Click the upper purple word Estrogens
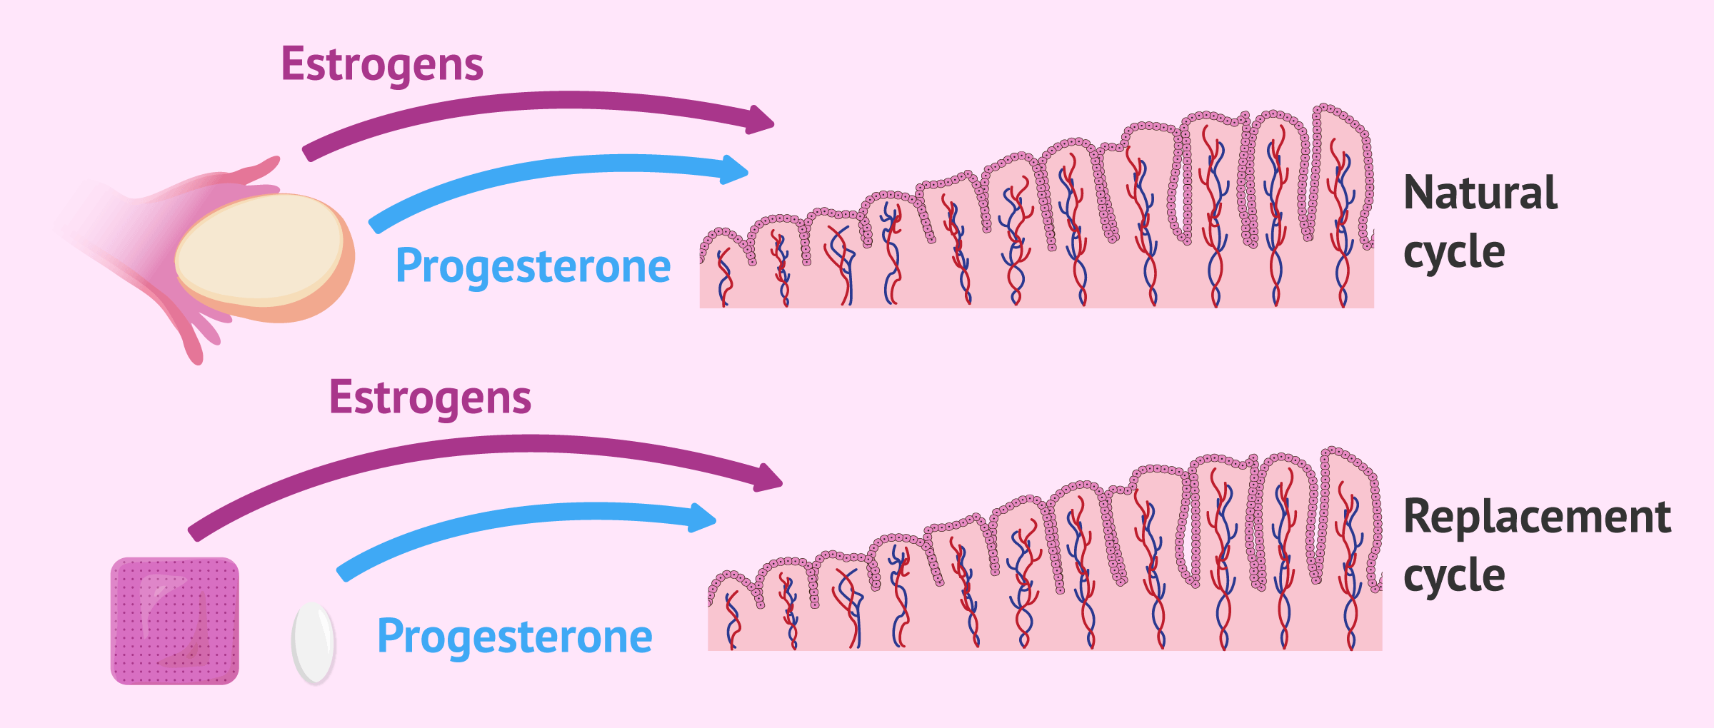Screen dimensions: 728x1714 tap(382, 64)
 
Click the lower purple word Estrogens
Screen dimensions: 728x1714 tap(430, 398)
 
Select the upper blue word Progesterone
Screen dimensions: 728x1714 tap(533, 266)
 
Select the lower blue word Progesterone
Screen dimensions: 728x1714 tap(514, 636)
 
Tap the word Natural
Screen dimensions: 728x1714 tap(1480, 193)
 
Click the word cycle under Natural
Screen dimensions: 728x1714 tap(1453, 252)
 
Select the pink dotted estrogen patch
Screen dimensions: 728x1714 tap(175, 621)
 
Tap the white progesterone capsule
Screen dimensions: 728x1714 tap(314, 643)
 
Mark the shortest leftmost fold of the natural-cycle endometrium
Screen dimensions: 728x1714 tap(723, 264)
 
